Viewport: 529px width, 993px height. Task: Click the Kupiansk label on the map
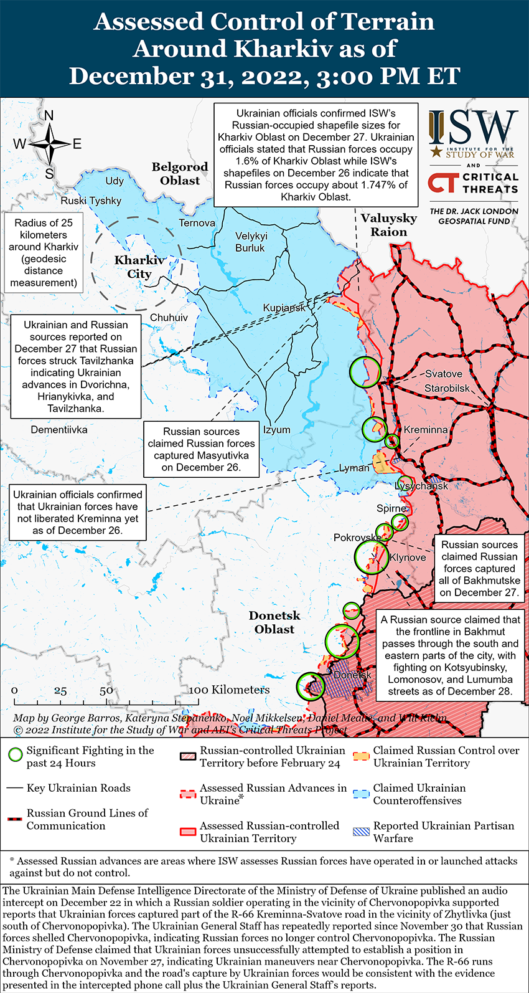[x=284, y=308]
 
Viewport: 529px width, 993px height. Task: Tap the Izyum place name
[x=276, y=430]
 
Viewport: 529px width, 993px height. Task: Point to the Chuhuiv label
[x=169, y=318]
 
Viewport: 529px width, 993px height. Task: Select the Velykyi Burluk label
[x=251, y=242]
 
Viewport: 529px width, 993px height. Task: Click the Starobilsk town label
[x=447, y=388]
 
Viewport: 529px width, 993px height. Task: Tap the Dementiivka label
[x=59, y=430]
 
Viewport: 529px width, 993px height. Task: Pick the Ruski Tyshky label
[x=91, y=201]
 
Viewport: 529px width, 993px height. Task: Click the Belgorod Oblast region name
[x=180, y=174]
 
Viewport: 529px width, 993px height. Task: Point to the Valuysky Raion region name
[x=389, y=225]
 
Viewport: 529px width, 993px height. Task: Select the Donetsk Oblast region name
[x=274, y=622]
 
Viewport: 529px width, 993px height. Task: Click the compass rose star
[x=49, y=144]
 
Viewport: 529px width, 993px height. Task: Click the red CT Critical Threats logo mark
[x=442, y=183]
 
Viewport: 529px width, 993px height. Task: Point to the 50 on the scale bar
[x=106, y=690]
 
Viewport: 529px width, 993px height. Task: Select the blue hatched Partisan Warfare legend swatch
[x=361, y=832]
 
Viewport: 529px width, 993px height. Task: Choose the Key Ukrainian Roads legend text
[x=78, y=788]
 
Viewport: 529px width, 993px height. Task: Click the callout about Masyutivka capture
[x=201, y=449]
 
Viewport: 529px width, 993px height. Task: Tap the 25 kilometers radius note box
[x=44, y=253]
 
